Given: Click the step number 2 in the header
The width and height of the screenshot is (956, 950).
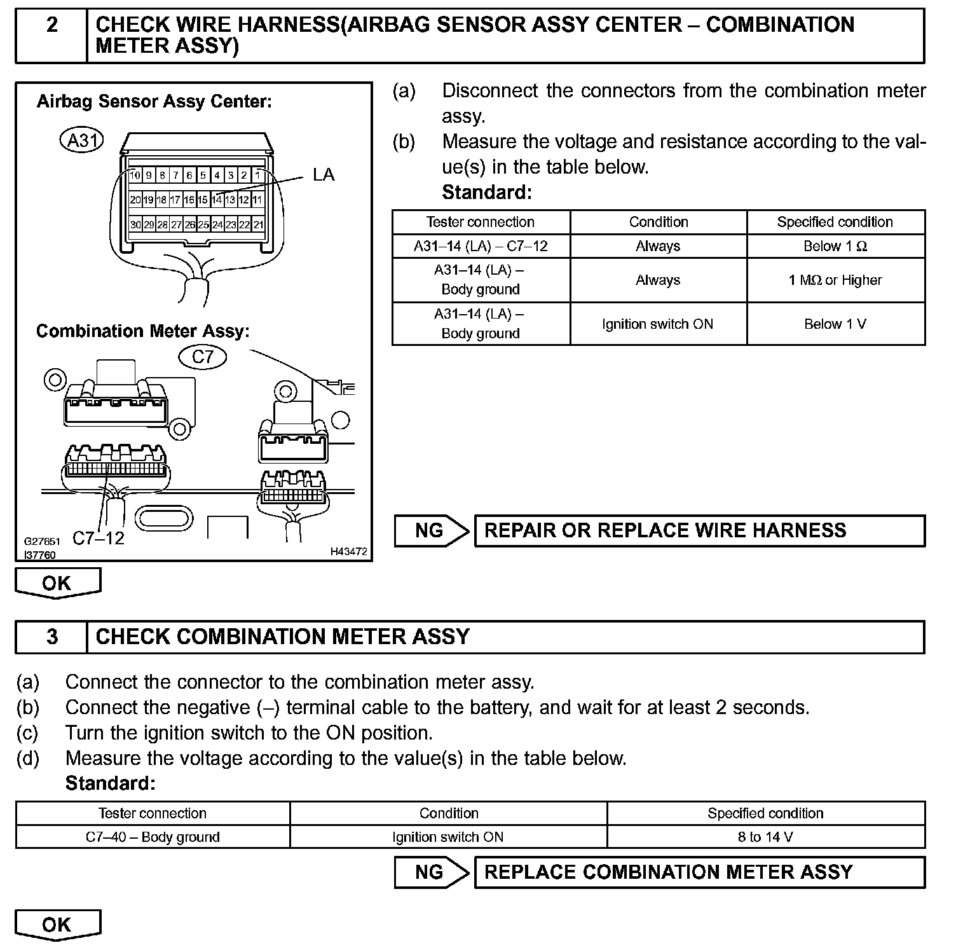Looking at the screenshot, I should [x=51, y=25].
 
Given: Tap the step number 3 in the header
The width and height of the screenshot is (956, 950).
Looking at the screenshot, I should [x=52, y=637].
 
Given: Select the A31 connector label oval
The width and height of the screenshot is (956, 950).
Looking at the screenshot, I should [x=81, y=140].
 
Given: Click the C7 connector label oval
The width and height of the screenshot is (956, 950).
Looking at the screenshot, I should [x=203, y=357].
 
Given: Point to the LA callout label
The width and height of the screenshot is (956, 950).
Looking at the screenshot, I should [x=323, y=175].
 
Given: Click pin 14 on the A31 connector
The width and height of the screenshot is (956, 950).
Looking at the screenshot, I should [x=217, y=200].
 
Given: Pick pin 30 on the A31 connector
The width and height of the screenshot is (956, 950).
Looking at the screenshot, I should [x=135, y=224].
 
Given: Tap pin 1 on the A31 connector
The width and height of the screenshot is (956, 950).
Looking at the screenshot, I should [x=257, y=175].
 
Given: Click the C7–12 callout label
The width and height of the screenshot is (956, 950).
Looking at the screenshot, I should [x=99, y=538].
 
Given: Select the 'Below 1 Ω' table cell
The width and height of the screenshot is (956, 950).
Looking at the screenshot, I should [x=835, y=246].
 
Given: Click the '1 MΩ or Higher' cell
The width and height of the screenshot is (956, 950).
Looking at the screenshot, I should [x=835, y=280].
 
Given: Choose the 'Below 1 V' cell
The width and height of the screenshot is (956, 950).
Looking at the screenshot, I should [x=835, y=324].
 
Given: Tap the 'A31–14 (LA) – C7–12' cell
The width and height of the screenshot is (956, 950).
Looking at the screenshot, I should [x=481, y=246].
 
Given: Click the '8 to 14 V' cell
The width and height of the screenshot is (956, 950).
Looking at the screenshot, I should [x=765, y=837].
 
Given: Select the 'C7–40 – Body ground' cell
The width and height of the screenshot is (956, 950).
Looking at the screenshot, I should [x=153, y=837].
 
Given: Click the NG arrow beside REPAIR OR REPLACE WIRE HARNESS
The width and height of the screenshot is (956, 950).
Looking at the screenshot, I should [x=431, y=531].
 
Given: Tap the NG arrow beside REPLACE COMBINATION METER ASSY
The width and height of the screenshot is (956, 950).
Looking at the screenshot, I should [x=431, y=872].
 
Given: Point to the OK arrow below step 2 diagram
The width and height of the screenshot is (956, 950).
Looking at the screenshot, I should [x=57, y=583].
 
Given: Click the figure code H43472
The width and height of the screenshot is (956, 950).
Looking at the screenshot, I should [x=348, y=552].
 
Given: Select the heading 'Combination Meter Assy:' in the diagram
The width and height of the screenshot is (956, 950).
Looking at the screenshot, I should [x=143, y=331].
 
